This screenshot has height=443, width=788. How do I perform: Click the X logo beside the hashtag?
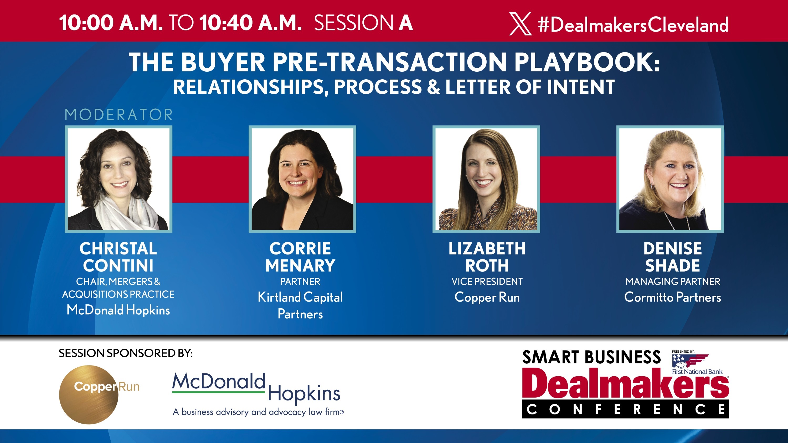point(520,24)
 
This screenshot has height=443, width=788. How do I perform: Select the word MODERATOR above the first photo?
point(119,115)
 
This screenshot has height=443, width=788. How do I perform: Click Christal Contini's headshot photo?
point(119,179)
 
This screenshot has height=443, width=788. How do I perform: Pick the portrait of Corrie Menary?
point(302,179)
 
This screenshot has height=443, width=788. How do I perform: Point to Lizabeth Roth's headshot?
point(486,179)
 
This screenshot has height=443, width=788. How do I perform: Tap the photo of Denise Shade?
point(670,179)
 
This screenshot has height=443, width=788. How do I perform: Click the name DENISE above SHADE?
point(672,249)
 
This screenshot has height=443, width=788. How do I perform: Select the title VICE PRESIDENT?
point(487,282)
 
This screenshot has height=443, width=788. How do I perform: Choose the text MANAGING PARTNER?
point(672,282)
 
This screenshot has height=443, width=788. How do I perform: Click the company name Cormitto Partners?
point(672,298)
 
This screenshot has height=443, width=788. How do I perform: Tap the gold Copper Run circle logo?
point(89,394)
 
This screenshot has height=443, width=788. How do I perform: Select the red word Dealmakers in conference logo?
point(625,383)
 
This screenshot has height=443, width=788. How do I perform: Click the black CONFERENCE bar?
point(625,409)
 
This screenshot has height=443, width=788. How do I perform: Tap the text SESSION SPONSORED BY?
point(125,353)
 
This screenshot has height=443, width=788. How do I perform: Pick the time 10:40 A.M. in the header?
point(250,23)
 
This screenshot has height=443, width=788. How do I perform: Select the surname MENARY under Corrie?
point(300,266)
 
